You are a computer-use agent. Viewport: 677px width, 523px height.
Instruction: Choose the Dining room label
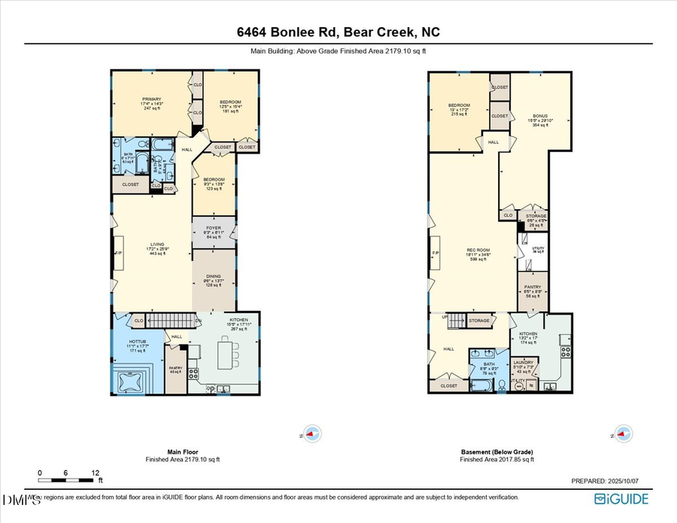(x=214, y=280)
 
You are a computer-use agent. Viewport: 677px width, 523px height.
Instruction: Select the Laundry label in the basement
(x=524, y=366)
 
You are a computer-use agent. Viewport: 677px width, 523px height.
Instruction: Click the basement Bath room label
(x=489, y=368)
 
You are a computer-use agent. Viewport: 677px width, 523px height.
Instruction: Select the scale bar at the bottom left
(x=68, y=479)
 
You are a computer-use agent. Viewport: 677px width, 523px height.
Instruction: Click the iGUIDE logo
(x=622, y=499)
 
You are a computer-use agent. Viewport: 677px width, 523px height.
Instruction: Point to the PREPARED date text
(x=603, y=481)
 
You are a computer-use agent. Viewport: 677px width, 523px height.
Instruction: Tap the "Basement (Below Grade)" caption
(x=497, y=453)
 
